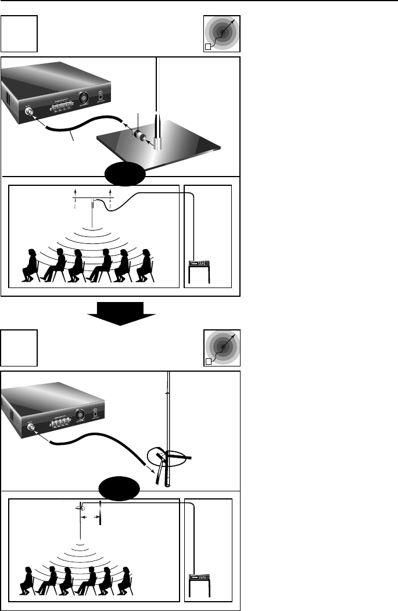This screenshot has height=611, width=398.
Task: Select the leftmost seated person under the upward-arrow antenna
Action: [x=28, y=265]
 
